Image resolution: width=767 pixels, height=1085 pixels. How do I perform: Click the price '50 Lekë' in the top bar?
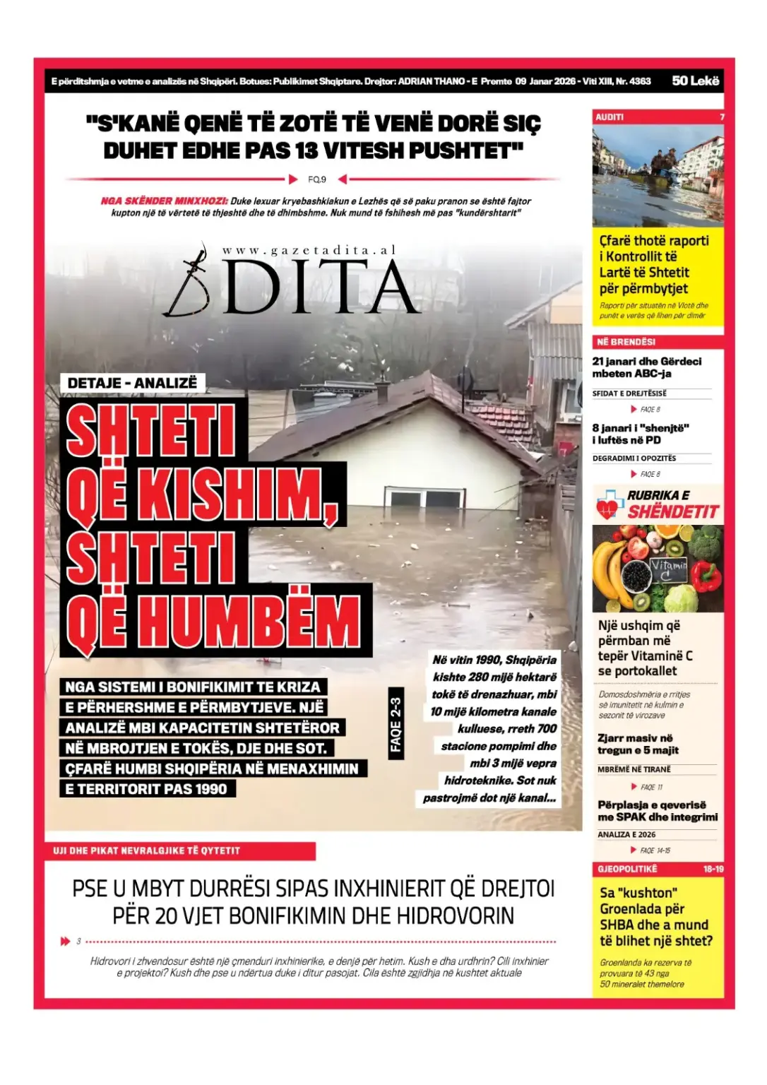point(695,81)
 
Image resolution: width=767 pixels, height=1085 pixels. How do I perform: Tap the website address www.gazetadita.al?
point(309,250)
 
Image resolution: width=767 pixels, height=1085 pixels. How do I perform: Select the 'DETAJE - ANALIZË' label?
point(132,383)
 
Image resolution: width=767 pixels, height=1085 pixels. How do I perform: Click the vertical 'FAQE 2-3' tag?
point(396,724)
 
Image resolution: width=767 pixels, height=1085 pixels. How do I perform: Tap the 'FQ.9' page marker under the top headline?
point(317,179)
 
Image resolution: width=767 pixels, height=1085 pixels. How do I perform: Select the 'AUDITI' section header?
point(610,117)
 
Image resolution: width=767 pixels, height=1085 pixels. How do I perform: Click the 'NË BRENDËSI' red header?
point(626,342)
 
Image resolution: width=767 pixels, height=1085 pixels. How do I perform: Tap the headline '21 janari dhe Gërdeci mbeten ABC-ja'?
point(646,367)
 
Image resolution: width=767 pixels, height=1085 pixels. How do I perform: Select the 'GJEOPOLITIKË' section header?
point(627,869)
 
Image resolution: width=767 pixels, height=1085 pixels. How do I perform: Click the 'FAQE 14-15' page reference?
point(655,850)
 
